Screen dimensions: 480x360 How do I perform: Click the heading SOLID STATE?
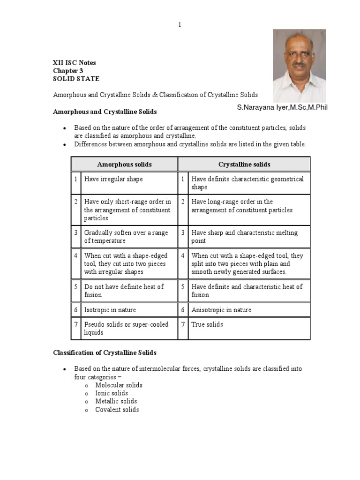pos(75,79)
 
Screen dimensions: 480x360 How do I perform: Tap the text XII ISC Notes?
pos(74,62)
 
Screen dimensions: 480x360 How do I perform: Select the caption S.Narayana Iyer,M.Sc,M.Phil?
pos(282,107)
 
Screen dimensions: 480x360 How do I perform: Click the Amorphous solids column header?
pos(124,164)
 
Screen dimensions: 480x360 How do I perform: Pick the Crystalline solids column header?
pos(244,164)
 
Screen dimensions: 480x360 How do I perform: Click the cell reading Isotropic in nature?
pos(110,310)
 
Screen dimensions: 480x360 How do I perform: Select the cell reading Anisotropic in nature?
pos(221,310)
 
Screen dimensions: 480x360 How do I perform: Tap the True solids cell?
pos(207,324)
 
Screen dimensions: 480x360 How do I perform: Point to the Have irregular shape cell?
pos(113,179)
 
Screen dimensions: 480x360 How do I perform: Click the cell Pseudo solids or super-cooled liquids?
pos(126,328)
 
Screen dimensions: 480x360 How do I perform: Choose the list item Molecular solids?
pos(119,385)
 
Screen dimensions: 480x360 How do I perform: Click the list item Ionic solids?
pos(111,393)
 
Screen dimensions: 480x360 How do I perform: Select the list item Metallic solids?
pos(116,401)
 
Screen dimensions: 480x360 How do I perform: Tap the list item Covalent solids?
pos(117,410)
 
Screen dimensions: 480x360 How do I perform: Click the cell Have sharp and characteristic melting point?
pos(244,237)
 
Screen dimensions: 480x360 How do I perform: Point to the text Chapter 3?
pos(67,70)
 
